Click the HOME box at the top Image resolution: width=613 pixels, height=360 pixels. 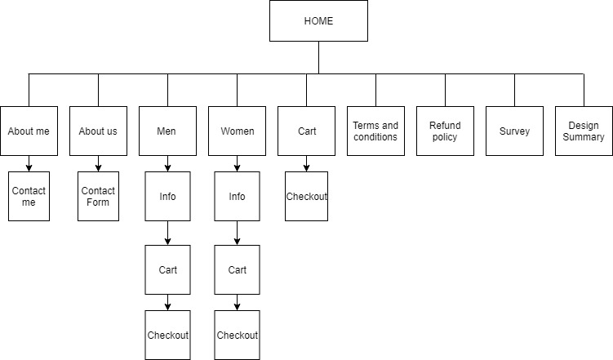click(x=318, y=21)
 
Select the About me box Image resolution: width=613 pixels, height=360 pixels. click(x=29, y=131)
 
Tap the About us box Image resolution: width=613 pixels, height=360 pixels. click(x=98, y=131)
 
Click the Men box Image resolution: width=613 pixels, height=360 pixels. click(x=167, y=131)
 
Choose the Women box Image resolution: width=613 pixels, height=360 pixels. click(x=237, y=131)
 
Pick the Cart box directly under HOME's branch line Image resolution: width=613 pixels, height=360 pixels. click(x=306, y=131)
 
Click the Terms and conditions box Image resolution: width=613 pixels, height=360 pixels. click(x=375, y=131)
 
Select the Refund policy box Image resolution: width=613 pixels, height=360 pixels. click(x=445, y=131)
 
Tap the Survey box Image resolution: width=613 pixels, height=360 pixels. click(x=514, y=131)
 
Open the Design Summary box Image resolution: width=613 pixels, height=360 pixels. click(x=584, y=131)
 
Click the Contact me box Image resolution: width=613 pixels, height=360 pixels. click(x=29, y=196)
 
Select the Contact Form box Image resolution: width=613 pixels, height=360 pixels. click(x=98, y=196)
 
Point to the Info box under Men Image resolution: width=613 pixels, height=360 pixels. click(x=167, y=196)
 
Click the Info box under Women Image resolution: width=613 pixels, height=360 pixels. click(x=237, y=196)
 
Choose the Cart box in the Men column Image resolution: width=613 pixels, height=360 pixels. click(x=167, y=269)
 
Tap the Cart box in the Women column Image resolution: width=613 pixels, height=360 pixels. click(x=237, y=269)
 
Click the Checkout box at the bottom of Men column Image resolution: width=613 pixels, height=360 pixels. click(x=167, y=335)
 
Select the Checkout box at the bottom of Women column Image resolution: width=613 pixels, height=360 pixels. click(x=237, y=335)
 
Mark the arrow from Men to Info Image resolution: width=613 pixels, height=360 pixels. click(x=167, y=164)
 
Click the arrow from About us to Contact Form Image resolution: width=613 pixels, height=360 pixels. click(x=98, y=164)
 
